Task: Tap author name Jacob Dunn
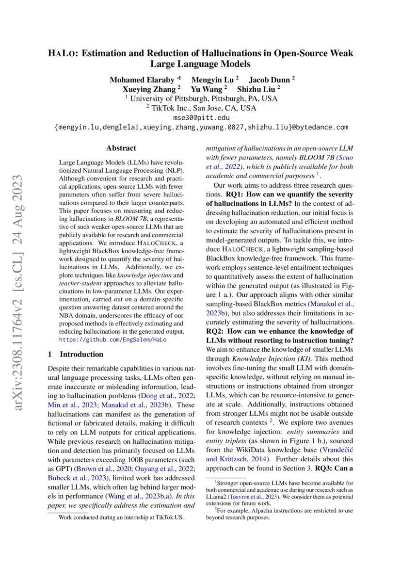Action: [x=270, y=79]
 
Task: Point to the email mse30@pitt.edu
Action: [x=201, y=118]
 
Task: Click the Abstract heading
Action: [x=121, y=148]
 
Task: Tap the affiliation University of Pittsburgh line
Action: [x=201, y=98]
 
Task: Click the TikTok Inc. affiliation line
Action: [x=201, y=108]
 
